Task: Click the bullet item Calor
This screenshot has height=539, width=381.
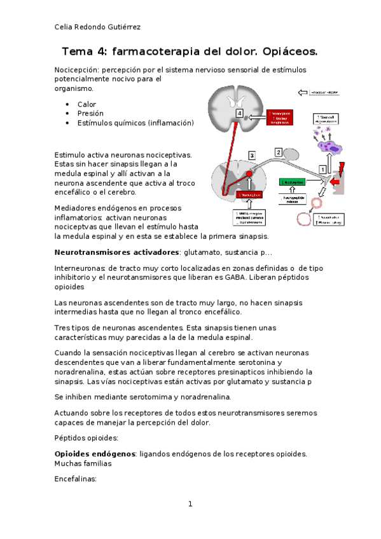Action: (87, 104)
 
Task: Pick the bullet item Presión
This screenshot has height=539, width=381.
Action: (90, 113)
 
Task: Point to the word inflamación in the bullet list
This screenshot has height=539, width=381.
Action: (169, 123)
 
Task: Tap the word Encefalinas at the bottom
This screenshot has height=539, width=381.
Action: (76, 480)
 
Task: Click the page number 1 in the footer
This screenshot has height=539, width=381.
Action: (190, 504)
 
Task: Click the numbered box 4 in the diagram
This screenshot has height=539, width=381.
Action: (239, 113)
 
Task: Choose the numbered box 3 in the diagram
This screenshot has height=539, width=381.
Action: (252, 155)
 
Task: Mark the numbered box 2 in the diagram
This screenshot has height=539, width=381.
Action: (278, 152)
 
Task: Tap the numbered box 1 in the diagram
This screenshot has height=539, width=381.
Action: (322, 169)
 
